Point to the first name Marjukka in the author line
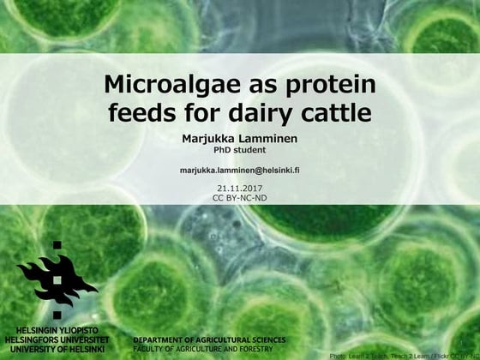coord(210,139)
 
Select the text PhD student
coord(239,151)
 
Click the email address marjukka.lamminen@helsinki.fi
coord(239,171)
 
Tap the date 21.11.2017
coord(239,189)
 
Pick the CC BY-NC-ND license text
coord(239,198)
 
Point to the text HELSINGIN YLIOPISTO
coord(57,331)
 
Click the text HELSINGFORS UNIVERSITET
coord(57,340)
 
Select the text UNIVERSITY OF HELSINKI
coord(57,350)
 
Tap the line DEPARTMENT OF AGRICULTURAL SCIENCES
coord(210,340)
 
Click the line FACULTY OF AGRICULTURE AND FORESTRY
coord(203,349)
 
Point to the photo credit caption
coord(402,354)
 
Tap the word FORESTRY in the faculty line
coord(255,349)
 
